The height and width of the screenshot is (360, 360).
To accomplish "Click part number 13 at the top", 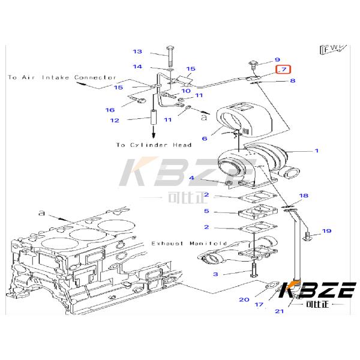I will tap(137, 52).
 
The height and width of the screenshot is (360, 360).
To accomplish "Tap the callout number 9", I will tap(277, 59).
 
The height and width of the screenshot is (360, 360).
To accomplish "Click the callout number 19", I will tap(326, 231).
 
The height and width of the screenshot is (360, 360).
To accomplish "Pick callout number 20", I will tap(244, 299).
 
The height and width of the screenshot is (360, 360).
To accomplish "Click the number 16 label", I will tap(110, 110).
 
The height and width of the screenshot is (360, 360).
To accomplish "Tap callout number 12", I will tap(114, 120).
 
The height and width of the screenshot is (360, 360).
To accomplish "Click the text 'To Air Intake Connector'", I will tap(62, 77).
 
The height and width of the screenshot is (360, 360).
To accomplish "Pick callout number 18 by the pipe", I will tap(304, 196).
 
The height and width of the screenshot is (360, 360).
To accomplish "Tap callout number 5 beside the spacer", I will tap(206, 211).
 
